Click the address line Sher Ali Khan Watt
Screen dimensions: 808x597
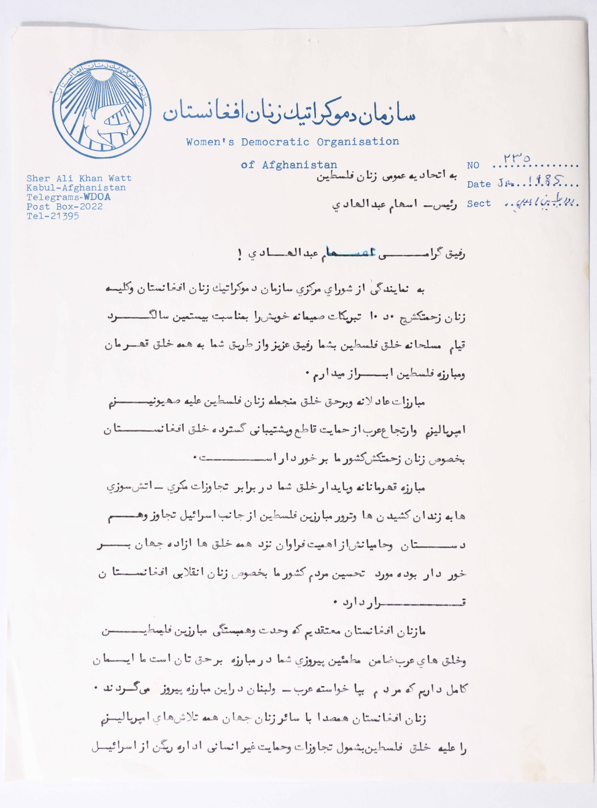click(x=79, y=178)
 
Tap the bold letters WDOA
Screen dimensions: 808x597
click(x=97, y=197)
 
